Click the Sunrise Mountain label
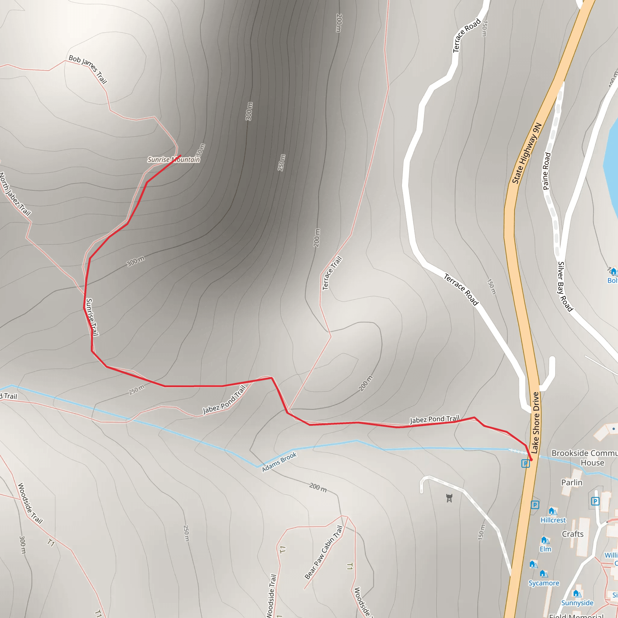click(174, 159)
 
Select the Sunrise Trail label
click(92, 317)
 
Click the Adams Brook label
click(279, 462)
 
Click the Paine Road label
click(547, 171)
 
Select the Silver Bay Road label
click(565, 286)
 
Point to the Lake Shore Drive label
click(536, 422)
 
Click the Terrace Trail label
click(332, 273)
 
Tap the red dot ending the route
click(531, 460)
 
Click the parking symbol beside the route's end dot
click(525, 463)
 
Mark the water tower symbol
click(449, 498)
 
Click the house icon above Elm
click(544, 540)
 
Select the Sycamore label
click(544, 583)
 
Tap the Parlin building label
click(572, 483)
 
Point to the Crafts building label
click(572, 534)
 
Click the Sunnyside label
click(577, 603)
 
